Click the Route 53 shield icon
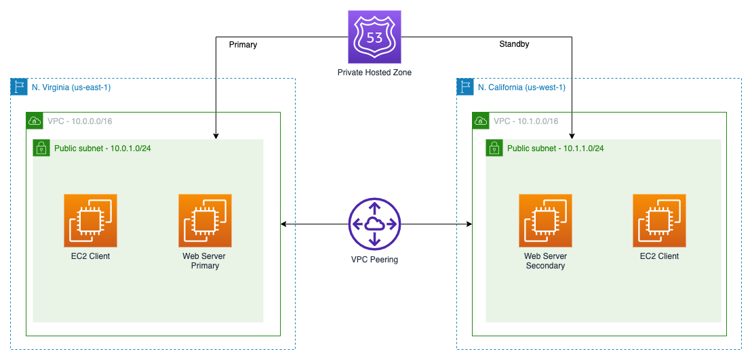(x=374, y=37)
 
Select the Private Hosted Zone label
(x=374, y=73)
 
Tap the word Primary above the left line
(x=243, y=45)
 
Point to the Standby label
(x=513, y=44)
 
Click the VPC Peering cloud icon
(x=374, y=224)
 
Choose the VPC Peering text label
(x=374, y=260)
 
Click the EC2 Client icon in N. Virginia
(x=90, y=220)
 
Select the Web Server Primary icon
(x=205, y=220)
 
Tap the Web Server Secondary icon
(x=545, y=220)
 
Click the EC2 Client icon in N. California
(x=659, y=220)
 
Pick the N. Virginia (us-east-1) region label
(x=71, y=87)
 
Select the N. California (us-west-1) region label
(x=521, y=87)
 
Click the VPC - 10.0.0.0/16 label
(x=80, y=121)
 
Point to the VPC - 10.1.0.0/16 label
(x=526, y=121)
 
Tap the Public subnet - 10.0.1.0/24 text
(x=102, y=148)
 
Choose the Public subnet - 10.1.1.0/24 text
(x=555, y=148)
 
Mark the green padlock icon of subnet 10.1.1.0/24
(x=494, y=148)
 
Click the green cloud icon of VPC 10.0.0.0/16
(x=34, y=121)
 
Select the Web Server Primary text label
(x=204, y=261)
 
